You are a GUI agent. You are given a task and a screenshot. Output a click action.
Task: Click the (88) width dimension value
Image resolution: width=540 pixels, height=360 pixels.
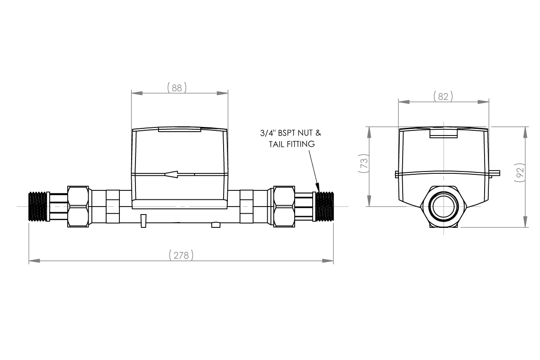[x=177, y=88]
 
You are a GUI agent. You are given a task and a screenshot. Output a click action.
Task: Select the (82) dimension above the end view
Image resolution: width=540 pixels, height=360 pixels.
[x=443, y=96]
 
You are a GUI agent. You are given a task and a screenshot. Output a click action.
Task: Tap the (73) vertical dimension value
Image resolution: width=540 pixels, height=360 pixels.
[x=364, y=163]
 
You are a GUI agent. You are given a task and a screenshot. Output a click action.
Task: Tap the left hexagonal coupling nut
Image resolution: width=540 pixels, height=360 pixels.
[x=79, y=207]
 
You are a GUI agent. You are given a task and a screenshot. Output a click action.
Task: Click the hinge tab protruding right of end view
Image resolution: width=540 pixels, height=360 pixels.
[x=495, y=174]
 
